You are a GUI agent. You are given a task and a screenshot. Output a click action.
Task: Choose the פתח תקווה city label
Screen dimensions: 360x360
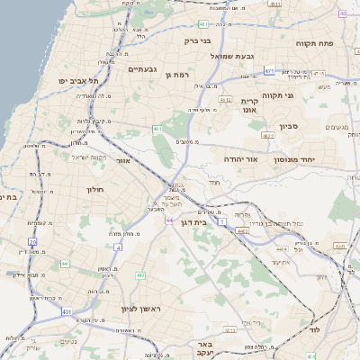coord(314,42)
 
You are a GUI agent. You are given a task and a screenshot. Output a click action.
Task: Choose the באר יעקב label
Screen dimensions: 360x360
coord(203,349)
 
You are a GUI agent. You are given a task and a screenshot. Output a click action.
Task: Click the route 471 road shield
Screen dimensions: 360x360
coord(270,69)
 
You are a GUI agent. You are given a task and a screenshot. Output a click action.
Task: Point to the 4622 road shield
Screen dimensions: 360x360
coord(267,135)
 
